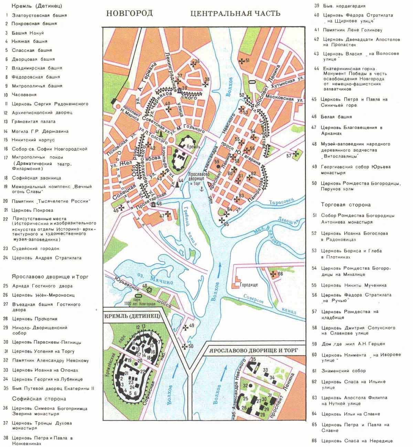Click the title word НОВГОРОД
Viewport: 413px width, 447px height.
(x=129, y=13)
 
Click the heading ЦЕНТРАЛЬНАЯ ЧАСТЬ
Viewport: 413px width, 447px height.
(x=235, y=13)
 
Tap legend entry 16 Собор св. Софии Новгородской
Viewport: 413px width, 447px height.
(x=49, y=149)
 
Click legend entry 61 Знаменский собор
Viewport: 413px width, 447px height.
(x=343, y=371)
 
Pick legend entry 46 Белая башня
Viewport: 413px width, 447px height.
(x=336, y=117)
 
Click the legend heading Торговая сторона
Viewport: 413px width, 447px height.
(x=346, y=205)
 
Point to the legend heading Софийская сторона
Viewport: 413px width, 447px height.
(x=39, y=399)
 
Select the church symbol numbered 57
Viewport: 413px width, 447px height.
(x=296, y=154)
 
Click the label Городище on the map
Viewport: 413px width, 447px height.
(x=249, y=285)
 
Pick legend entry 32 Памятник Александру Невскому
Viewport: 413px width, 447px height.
(x=50, y=361)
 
